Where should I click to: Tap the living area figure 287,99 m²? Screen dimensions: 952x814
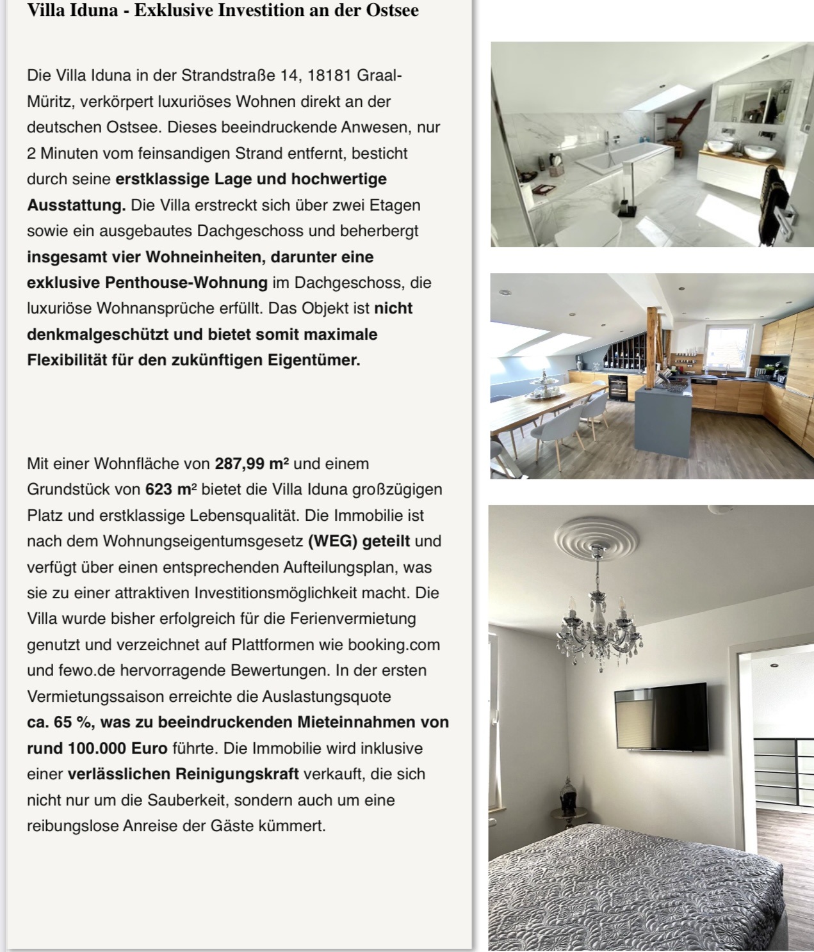point(252,464)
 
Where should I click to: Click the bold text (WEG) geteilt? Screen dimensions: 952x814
point(359,541)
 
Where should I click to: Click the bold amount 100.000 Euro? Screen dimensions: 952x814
point(97,749)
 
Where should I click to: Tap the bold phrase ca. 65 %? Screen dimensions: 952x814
point(60,722)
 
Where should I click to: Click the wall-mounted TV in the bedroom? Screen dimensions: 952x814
point(660,716)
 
